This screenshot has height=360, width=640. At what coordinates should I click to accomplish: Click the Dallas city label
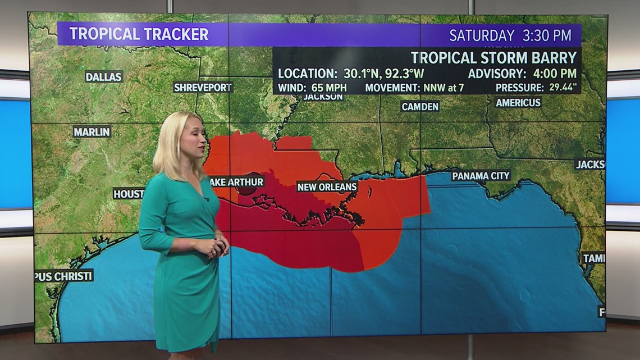(104, 76)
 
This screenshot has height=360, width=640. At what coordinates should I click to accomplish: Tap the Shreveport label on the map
(203, 87)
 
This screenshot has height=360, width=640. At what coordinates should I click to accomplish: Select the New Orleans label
(327, 186)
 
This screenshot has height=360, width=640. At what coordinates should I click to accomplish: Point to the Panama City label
(481, 176)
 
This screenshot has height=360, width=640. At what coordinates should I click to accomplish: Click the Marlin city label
(92, 131)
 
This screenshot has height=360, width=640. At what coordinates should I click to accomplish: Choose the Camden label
(420, 106)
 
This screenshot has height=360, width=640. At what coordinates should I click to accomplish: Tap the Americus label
(518, 102)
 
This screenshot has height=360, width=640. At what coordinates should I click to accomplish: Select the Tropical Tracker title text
(139, 34)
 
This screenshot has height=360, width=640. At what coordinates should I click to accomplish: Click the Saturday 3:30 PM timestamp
(510, 35)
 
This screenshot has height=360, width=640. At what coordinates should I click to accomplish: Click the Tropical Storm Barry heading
(493, 57)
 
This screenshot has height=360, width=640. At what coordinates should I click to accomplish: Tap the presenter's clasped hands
(217, 248)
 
